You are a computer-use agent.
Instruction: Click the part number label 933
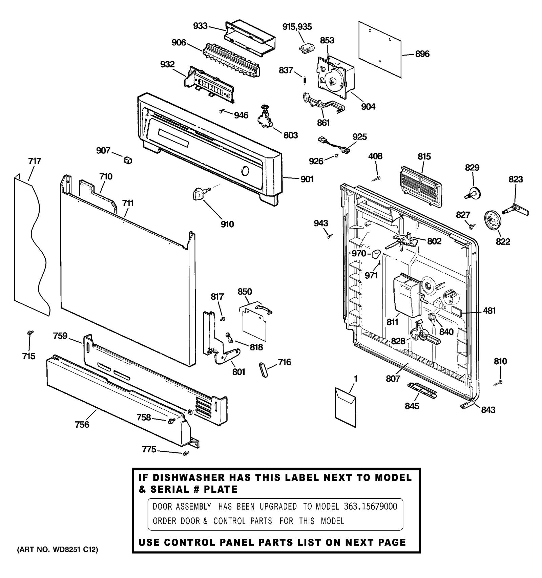pyautogui.click(x=200, y=26)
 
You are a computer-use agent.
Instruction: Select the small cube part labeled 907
pyautogui.click(x=128, y=160)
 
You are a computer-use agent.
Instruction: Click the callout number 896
pyautogui.click(x=422, y=54)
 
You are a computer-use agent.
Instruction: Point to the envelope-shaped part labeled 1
pyautogui.click(x=346, y=407)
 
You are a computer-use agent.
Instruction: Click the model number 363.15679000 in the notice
pyautogui.click(x=371, y=507)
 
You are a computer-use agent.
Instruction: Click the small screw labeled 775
pyautogui.click(x=185, y=453)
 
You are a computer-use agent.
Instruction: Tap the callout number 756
pyautogui.click(x=82, y=424)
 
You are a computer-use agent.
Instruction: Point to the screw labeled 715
pyautogui.click(x=29, y=333)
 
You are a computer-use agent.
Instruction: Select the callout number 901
pyautogui.click(x=307, y=179)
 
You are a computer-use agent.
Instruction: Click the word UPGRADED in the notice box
pyautogui.click(x=278, y=507)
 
